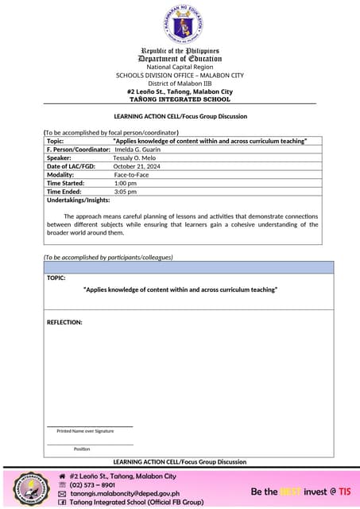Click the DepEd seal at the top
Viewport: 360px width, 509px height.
180,23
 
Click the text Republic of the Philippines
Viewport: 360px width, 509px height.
180,50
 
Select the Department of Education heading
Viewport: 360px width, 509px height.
180,58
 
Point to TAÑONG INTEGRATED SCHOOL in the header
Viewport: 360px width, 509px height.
180,99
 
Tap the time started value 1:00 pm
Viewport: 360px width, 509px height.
126,183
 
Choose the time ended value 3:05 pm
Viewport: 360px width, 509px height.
126,192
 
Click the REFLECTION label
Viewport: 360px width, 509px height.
64,322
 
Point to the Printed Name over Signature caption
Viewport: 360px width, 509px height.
85,430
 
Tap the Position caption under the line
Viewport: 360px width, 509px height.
82,449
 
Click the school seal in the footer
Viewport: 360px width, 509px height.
27,489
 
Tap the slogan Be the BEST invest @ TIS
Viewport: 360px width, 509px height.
300,492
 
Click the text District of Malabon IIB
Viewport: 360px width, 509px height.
180,84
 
